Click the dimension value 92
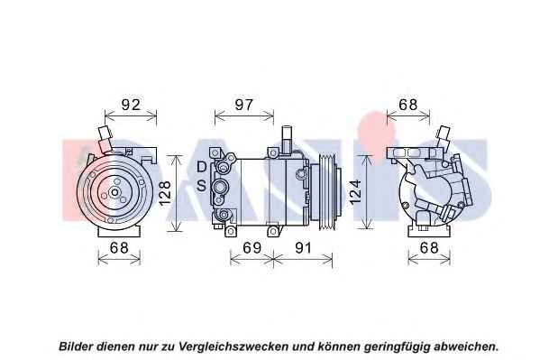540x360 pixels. click(x=131, y=105)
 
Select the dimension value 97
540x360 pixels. click(x=243, y=105)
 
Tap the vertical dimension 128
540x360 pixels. click(x=165, y=193)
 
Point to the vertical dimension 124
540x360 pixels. click(x=355, y=191)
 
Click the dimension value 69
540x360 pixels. click(x=252, y=247)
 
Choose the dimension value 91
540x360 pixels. click(x=303, y=247)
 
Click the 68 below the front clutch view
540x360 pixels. click(x=119, y=247)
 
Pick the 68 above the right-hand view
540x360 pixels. click(x=408, y=105)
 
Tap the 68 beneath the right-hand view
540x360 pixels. click(x=429, y=247)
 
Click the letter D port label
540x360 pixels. click(x=201, y=167)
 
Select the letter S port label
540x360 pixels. click(x=201, y=186)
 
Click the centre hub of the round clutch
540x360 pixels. click(x=114, y=192)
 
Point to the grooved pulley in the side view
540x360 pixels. click(x=325, y=192)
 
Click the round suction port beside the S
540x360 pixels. click(x=219, y=187)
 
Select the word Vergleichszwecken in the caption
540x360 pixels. click(x=233, y=346)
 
